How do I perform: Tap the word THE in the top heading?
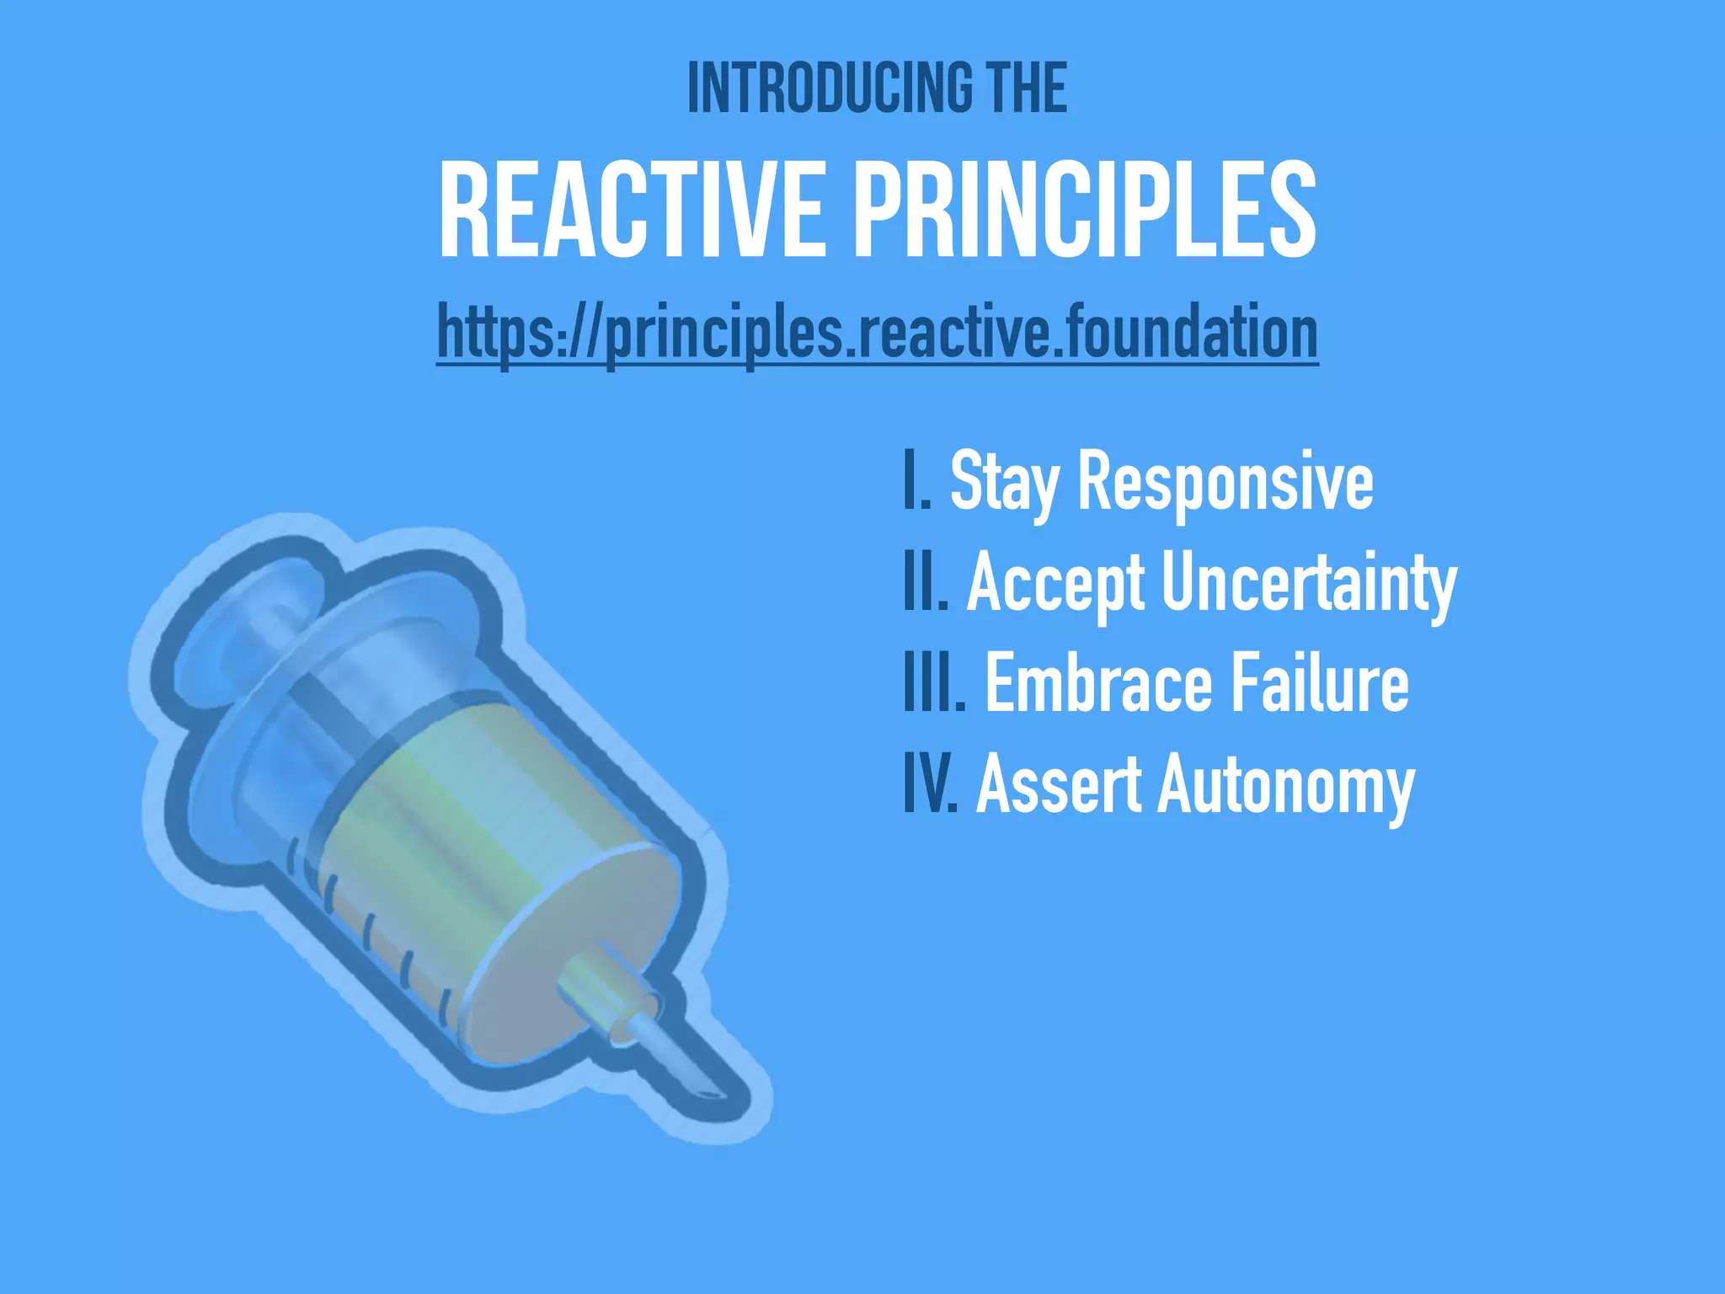tap(1028, 88)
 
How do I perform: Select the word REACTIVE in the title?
tap(632, 211)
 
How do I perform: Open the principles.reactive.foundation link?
tap(877, 333)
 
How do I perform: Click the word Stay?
tap(1004, 482)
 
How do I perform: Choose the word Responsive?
tap(1225, 482)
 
